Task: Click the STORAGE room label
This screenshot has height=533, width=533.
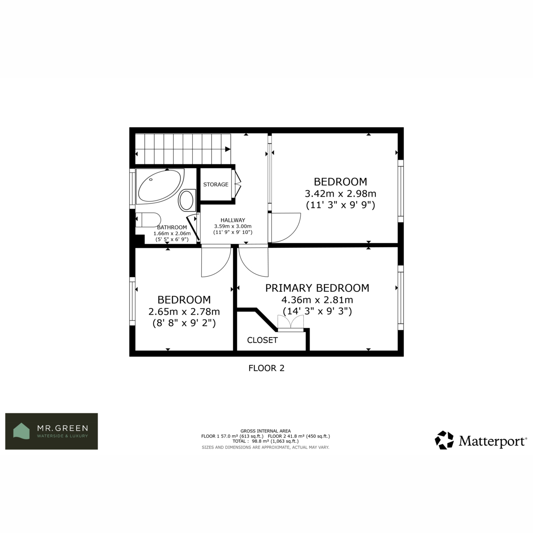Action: coord(216,184)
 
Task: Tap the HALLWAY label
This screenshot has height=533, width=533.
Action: coord(233,220)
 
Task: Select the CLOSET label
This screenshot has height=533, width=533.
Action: coord(262,340)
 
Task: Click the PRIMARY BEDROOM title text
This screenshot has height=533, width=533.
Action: coord(317,288)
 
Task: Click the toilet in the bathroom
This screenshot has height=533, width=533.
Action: coord(148,220)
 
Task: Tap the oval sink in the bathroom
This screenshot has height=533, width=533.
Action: coord(187,200)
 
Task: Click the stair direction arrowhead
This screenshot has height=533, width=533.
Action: coord(228,149)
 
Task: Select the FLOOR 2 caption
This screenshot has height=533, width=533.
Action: coord(266,368)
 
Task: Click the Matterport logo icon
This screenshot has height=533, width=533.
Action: coord(444,440)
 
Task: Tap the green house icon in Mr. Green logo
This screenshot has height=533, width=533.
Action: coord(21,431)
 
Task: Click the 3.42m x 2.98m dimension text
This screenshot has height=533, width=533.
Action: coord(341,194)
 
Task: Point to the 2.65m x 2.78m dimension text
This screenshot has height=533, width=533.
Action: coord(184,312)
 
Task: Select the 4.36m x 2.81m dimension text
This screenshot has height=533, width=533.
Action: coord(317,300)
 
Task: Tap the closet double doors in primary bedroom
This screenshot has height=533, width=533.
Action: coord(290,323)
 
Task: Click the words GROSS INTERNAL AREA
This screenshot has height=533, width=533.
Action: coord(266,431)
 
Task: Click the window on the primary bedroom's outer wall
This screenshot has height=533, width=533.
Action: coord(401,298)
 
